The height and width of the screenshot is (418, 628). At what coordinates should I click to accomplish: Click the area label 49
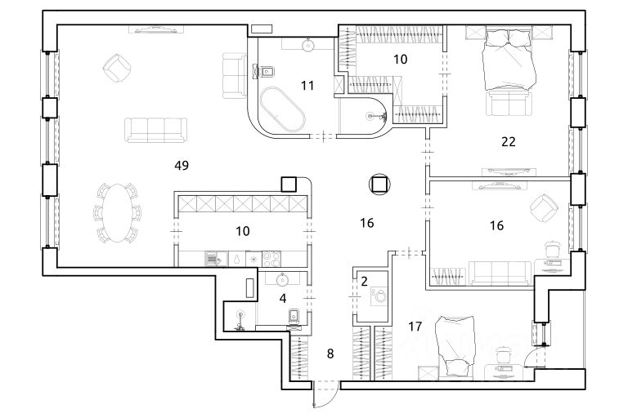pyautogui.click(x=182, y=166)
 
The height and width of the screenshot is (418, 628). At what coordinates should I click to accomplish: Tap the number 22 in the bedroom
pyautogui.click(x=508, y=141)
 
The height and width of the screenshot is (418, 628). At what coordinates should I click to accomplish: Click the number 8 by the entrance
pyautogui.click(x=330, y=354)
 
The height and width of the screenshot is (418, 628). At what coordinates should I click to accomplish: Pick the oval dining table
pyautogui.click(x=119, y=211)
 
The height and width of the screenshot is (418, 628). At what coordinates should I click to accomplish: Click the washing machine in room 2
pyautogui.click(x=379, y=298)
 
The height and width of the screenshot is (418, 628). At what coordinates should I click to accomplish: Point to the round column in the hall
pyautogui.click(x=379, y=185)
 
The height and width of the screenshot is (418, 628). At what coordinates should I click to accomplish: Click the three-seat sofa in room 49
pyautogui.click(x=153, y=129)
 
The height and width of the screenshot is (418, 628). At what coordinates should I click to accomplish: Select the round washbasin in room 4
pyautogui.click(x=284, y=278)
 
